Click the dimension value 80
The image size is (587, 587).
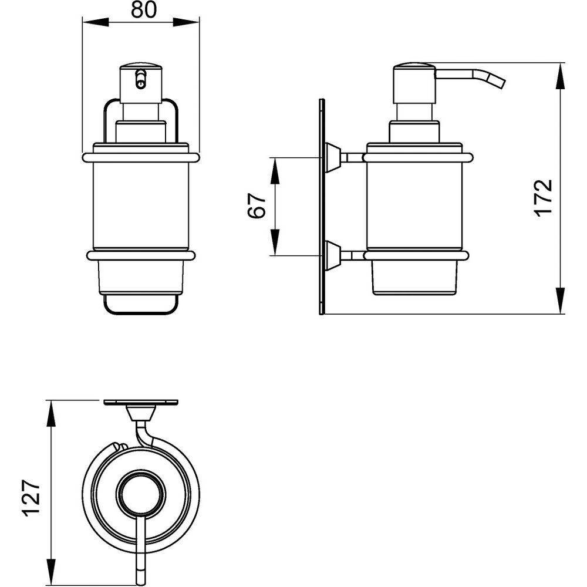point(144,10)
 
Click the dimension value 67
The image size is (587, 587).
point(257,206)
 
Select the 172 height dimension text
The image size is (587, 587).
point(544,197)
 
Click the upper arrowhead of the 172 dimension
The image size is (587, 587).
point(559,76)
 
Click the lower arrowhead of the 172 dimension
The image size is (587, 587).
point(559,301)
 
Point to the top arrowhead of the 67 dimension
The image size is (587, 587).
point(275,171)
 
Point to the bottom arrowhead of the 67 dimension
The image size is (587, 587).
point(275,242)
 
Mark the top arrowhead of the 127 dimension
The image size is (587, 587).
point(50,413)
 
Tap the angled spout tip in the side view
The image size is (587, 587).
point(500,83)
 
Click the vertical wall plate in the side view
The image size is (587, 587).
point(322,207)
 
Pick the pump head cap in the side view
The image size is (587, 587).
point(414,84)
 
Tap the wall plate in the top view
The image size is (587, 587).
point(141,403)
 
